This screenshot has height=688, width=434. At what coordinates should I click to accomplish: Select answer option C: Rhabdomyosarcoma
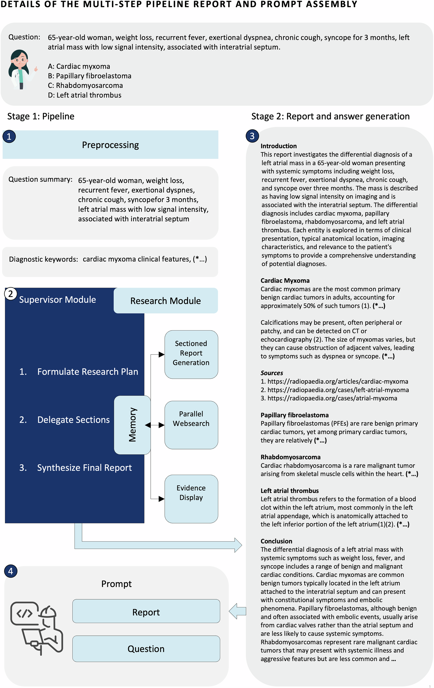click(85, 85)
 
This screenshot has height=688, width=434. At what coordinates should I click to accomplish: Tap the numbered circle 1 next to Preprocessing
click(9, 136)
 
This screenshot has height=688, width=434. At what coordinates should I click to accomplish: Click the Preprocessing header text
click(110, 145)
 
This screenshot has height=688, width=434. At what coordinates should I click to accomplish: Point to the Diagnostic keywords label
click(43, 259)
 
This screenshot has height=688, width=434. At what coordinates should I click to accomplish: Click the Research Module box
click(165, 301)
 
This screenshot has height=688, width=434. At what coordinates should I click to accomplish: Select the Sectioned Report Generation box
click(191, 353)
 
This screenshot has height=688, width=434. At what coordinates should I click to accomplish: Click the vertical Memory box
click(132, 425)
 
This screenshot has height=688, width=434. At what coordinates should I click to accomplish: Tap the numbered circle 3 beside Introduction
click(252, 136)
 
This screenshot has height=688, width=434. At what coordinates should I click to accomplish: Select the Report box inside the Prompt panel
click(146, 612)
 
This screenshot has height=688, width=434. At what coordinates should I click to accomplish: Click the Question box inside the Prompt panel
click(146, 649)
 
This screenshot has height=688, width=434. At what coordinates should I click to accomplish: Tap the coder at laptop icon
click(37, 628)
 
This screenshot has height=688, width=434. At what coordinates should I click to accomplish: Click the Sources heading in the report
click(271, 373)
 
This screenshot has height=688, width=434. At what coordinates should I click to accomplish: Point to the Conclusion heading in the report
click(276, 541)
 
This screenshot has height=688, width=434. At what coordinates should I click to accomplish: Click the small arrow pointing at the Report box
click(237, 611)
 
